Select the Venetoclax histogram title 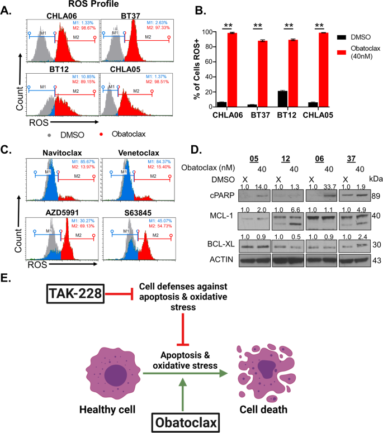130,153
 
